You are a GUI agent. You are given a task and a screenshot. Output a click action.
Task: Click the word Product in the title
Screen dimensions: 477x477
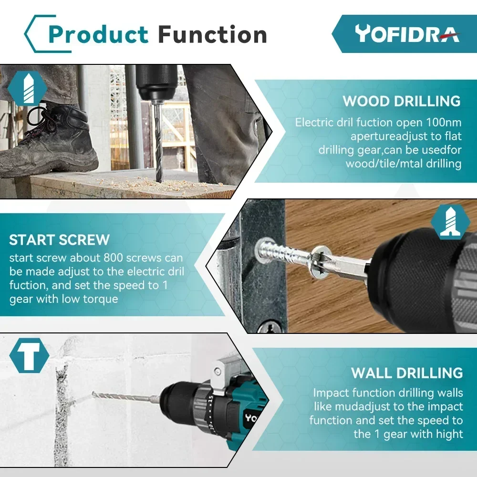tap(98, 35)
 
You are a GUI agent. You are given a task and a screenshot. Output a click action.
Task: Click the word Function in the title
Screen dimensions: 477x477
tap(212, 35)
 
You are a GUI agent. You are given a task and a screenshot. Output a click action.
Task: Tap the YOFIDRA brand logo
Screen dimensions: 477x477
tap(407, 33)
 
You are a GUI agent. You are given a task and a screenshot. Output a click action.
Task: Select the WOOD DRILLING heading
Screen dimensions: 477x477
tap(402, 101)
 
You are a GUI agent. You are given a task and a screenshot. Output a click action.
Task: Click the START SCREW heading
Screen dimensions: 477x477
tap(59, 239)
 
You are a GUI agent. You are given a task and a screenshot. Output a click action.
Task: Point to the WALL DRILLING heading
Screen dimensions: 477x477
tap(407, 373)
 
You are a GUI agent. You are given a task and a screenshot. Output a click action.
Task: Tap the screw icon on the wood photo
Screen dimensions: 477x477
tap(450, 222)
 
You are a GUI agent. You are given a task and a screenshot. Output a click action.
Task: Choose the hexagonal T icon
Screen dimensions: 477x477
tap(29, 355)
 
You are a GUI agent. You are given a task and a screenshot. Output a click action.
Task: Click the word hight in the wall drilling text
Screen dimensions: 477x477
tap(449, 434)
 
